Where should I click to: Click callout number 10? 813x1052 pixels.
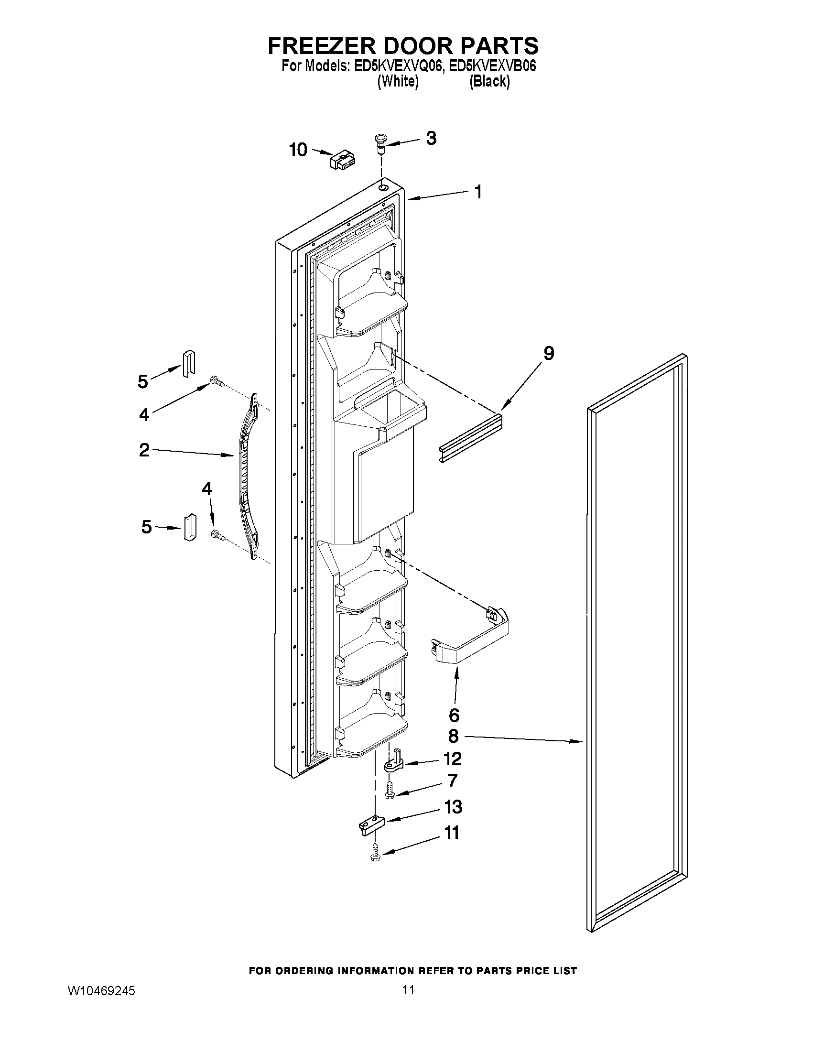click(x=298, y=150)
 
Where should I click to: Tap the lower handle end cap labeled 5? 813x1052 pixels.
click(x=188, y=527)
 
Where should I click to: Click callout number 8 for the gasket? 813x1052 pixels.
click(x=453, y=736)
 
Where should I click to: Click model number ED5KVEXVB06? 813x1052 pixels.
click(x=492, y=66)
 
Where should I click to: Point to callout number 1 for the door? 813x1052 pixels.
click(x=478, y=192)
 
